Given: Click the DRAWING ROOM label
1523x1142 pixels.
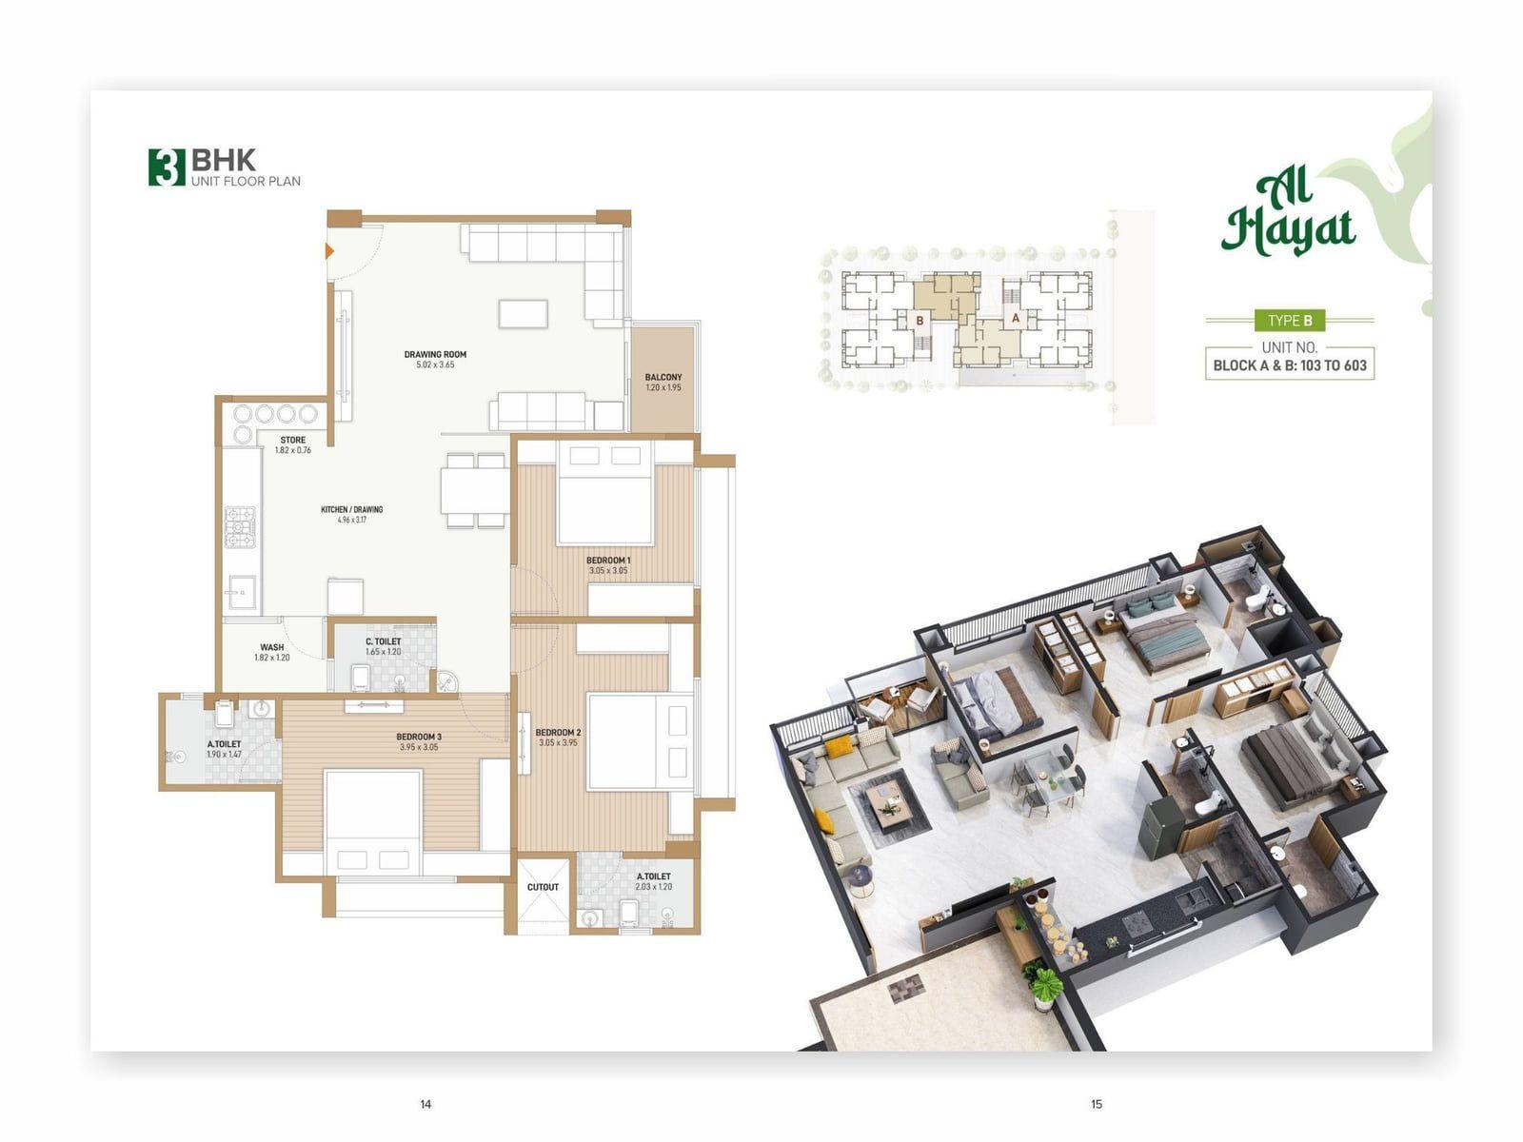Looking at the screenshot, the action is [x=435, y=354].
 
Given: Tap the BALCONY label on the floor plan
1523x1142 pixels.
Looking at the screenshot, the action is [x=663, y=377].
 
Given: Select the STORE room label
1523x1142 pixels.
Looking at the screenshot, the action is [x=293, y=440].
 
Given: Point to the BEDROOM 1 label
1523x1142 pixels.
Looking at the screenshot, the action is [x=608, y=561].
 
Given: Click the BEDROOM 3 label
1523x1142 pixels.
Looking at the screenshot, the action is [x=419, y=737].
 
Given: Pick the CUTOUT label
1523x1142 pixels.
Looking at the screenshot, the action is [x=543, y=887].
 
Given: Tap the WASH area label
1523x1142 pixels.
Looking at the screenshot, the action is [x=272, y=648].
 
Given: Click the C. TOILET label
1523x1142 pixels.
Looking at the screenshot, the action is [x=383, y=642].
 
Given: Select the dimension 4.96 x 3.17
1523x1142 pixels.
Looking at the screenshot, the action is [x=352, y=520].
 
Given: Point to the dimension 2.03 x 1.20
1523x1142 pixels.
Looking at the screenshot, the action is [x=654, y=886].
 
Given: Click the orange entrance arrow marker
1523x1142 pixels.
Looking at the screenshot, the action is [x=329, y=250].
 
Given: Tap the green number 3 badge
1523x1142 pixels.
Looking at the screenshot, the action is [x=168, y=167].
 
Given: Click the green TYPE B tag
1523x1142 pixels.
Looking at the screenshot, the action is [x=1289, y=321].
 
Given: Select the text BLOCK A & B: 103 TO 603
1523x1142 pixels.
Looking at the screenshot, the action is [x=1289, y=365].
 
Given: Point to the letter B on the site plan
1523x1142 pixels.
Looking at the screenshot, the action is [x=920, y=321].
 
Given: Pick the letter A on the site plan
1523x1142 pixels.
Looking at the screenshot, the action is [x=1015, y=318].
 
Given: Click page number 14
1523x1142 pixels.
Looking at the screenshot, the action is [x=425, y=1104].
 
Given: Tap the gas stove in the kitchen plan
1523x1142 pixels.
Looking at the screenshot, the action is [x=240, y=527].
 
